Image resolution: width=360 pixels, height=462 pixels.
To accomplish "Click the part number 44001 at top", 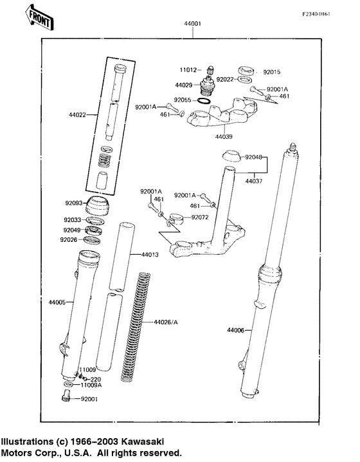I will [193, 24].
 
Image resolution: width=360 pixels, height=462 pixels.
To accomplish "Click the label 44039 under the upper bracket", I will [223, 136].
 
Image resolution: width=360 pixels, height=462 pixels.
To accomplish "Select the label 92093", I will [73, 203].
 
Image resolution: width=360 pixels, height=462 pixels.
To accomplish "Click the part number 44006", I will [235, 330].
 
